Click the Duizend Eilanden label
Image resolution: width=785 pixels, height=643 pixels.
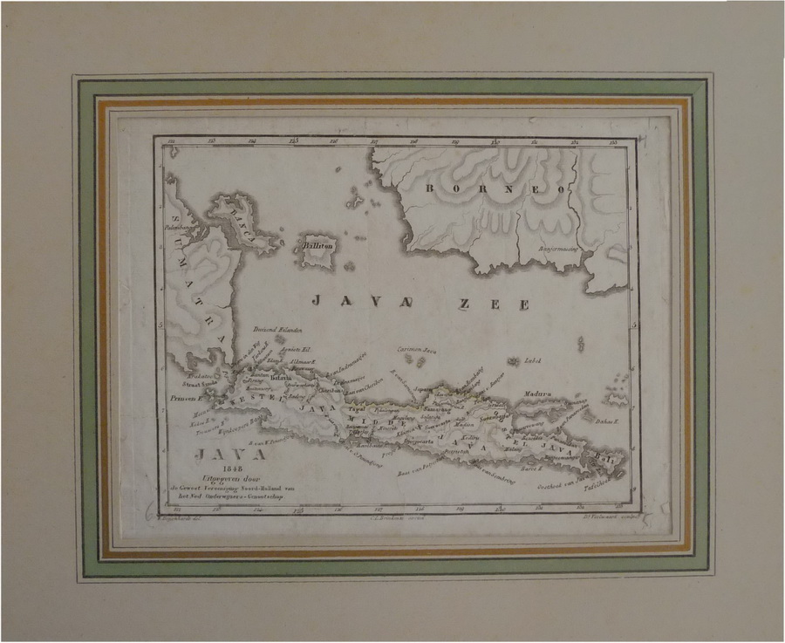[x=277, y=331]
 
